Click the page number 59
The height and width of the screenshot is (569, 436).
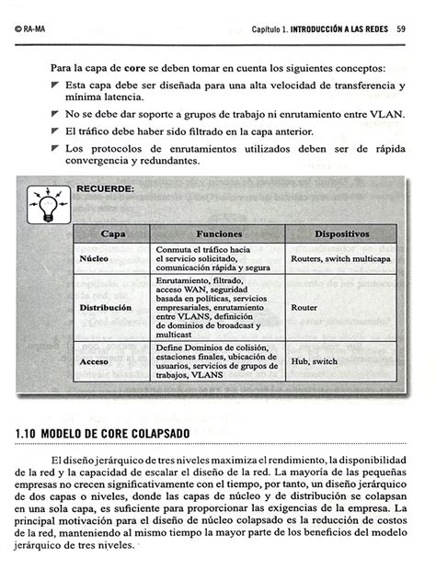click(402, 29)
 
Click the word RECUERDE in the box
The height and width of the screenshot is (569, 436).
click(105, 188)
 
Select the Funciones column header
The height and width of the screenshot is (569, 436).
click(218, 234)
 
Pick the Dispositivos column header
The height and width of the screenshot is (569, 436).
click(341, 234)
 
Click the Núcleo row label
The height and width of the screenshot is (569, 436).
click(96, 259)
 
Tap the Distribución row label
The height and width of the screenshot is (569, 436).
click(106, 307)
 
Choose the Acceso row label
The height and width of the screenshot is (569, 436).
click(95, 361)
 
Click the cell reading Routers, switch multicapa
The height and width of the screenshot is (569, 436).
click(339, 259)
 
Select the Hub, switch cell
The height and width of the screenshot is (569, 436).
click(314, 361)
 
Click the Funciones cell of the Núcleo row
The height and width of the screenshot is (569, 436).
click(212, 258)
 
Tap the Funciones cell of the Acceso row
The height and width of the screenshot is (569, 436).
click(217, 361)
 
